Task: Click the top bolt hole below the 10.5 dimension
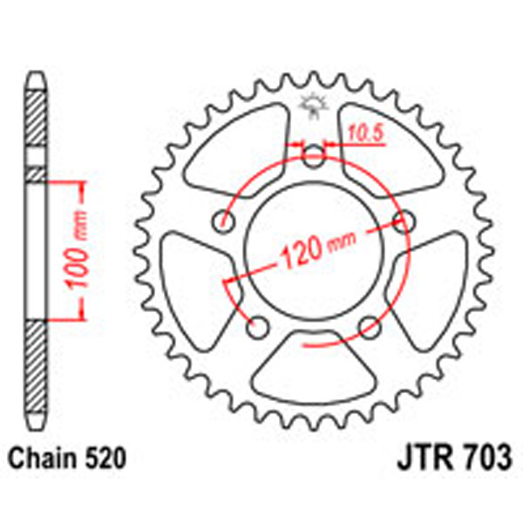tap(314, 157)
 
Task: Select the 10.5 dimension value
tap(365, 132)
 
